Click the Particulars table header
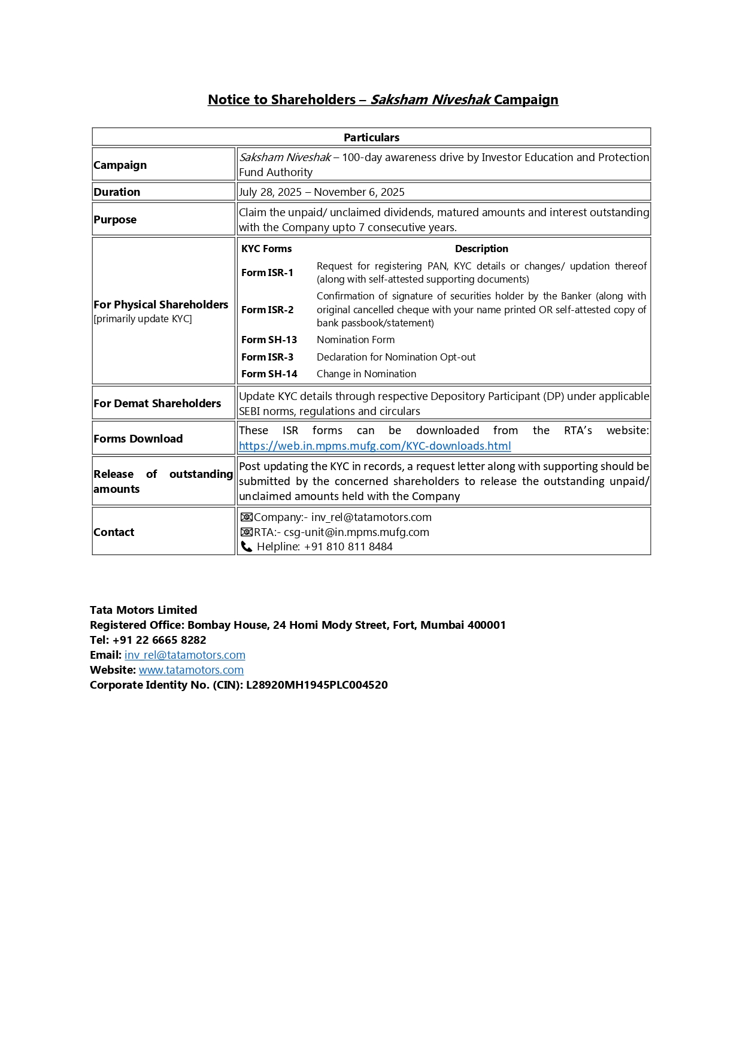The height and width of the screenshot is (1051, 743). [x=371, y=137]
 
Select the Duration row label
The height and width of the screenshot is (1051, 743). [x=117, y=192]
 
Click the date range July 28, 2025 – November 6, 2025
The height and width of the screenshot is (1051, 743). [x=322, y=192]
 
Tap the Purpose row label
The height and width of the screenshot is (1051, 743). [x=115, y=220]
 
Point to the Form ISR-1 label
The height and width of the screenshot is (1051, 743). [x=267, y=272]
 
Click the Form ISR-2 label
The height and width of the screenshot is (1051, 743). [x=267, y=310]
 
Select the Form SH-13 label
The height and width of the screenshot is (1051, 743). [x=269, y=340]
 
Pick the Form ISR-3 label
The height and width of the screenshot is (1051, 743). [x=267, y=357]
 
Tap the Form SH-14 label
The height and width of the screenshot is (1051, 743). [x=269, y=374]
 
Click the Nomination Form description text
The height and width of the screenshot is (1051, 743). [x=356, y=340]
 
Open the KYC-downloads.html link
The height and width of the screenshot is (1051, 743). [x=375, y=446]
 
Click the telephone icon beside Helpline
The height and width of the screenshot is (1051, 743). [x=246, y=547]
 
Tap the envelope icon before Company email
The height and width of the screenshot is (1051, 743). [x=246, y=517]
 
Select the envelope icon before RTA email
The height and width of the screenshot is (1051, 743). [x=246, y=532]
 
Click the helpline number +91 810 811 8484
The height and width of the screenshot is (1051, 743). [x=348, y=547]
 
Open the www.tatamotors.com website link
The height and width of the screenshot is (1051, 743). [x=191, y=670]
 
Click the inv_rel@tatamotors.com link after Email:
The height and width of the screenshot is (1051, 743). [x=185, y=655]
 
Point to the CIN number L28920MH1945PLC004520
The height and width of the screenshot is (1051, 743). [x=317, y=685]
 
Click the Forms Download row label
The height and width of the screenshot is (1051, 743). [x=138, y=439]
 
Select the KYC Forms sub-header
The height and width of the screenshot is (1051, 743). [x=266, y=249]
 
